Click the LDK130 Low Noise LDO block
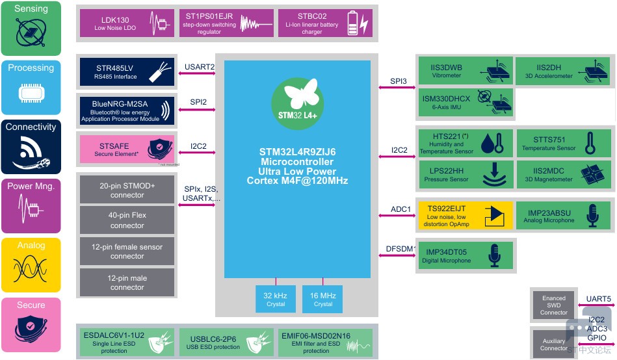tap(124, 23)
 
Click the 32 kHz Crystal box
tap(276, 300)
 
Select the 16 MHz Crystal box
tap(323, 300)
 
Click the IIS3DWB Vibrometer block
tap(464, 71)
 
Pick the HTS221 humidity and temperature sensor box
tap(464, 143)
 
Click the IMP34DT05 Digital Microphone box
tap(464, 256)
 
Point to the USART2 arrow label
tap(200, 66)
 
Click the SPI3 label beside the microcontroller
tap(399, 81)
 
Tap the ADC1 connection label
tap(400, 209)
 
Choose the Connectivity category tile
tap(31, 146)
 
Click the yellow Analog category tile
tap(31, 265)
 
